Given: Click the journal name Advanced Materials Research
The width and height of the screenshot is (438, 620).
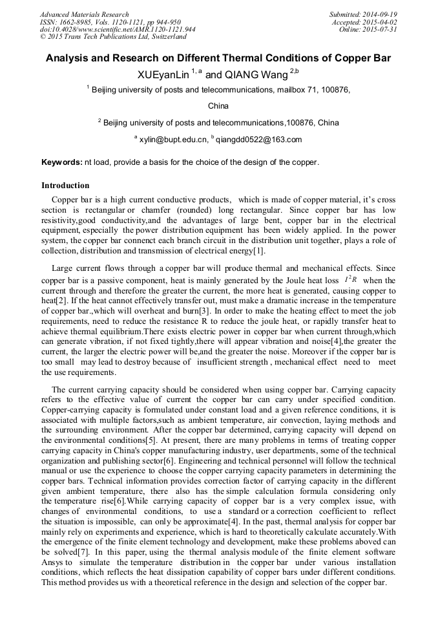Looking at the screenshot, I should pos(84,14).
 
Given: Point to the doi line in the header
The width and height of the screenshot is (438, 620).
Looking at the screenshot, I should pos(118,30).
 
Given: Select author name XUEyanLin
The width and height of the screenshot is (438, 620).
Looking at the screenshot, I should pos(163,75).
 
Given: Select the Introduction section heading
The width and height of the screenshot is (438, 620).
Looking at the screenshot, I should pos(65,186).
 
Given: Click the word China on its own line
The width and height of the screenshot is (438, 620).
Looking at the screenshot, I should pos(218,105).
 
